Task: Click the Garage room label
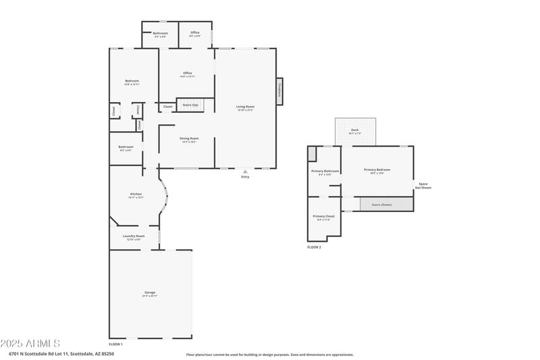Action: (x=149, y=293)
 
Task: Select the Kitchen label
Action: (x=136, y=195)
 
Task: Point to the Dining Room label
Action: (x=188, y=138)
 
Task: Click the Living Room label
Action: (x=245, y=107)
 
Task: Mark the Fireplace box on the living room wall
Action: (x=279, y=91)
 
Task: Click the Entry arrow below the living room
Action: (x=245, y=172)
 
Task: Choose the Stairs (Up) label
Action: (x=190, y=105)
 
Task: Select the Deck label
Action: (x=355, y=130)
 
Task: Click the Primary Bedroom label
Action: (x=377, y=170)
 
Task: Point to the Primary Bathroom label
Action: (x=325, y=172)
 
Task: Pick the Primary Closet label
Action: (x=323, y=217)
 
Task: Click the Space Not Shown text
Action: (x=423, y=186)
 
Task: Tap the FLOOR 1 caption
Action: (x=115, y=344)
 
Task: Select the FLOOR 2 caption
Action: (x=314, y=248)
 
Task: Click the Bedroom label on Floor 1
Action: (x=132, y=81)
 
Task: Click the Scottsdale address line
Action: (x=61, y=353)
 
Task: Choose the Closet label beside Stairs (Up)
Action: (x=167, y=107)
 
